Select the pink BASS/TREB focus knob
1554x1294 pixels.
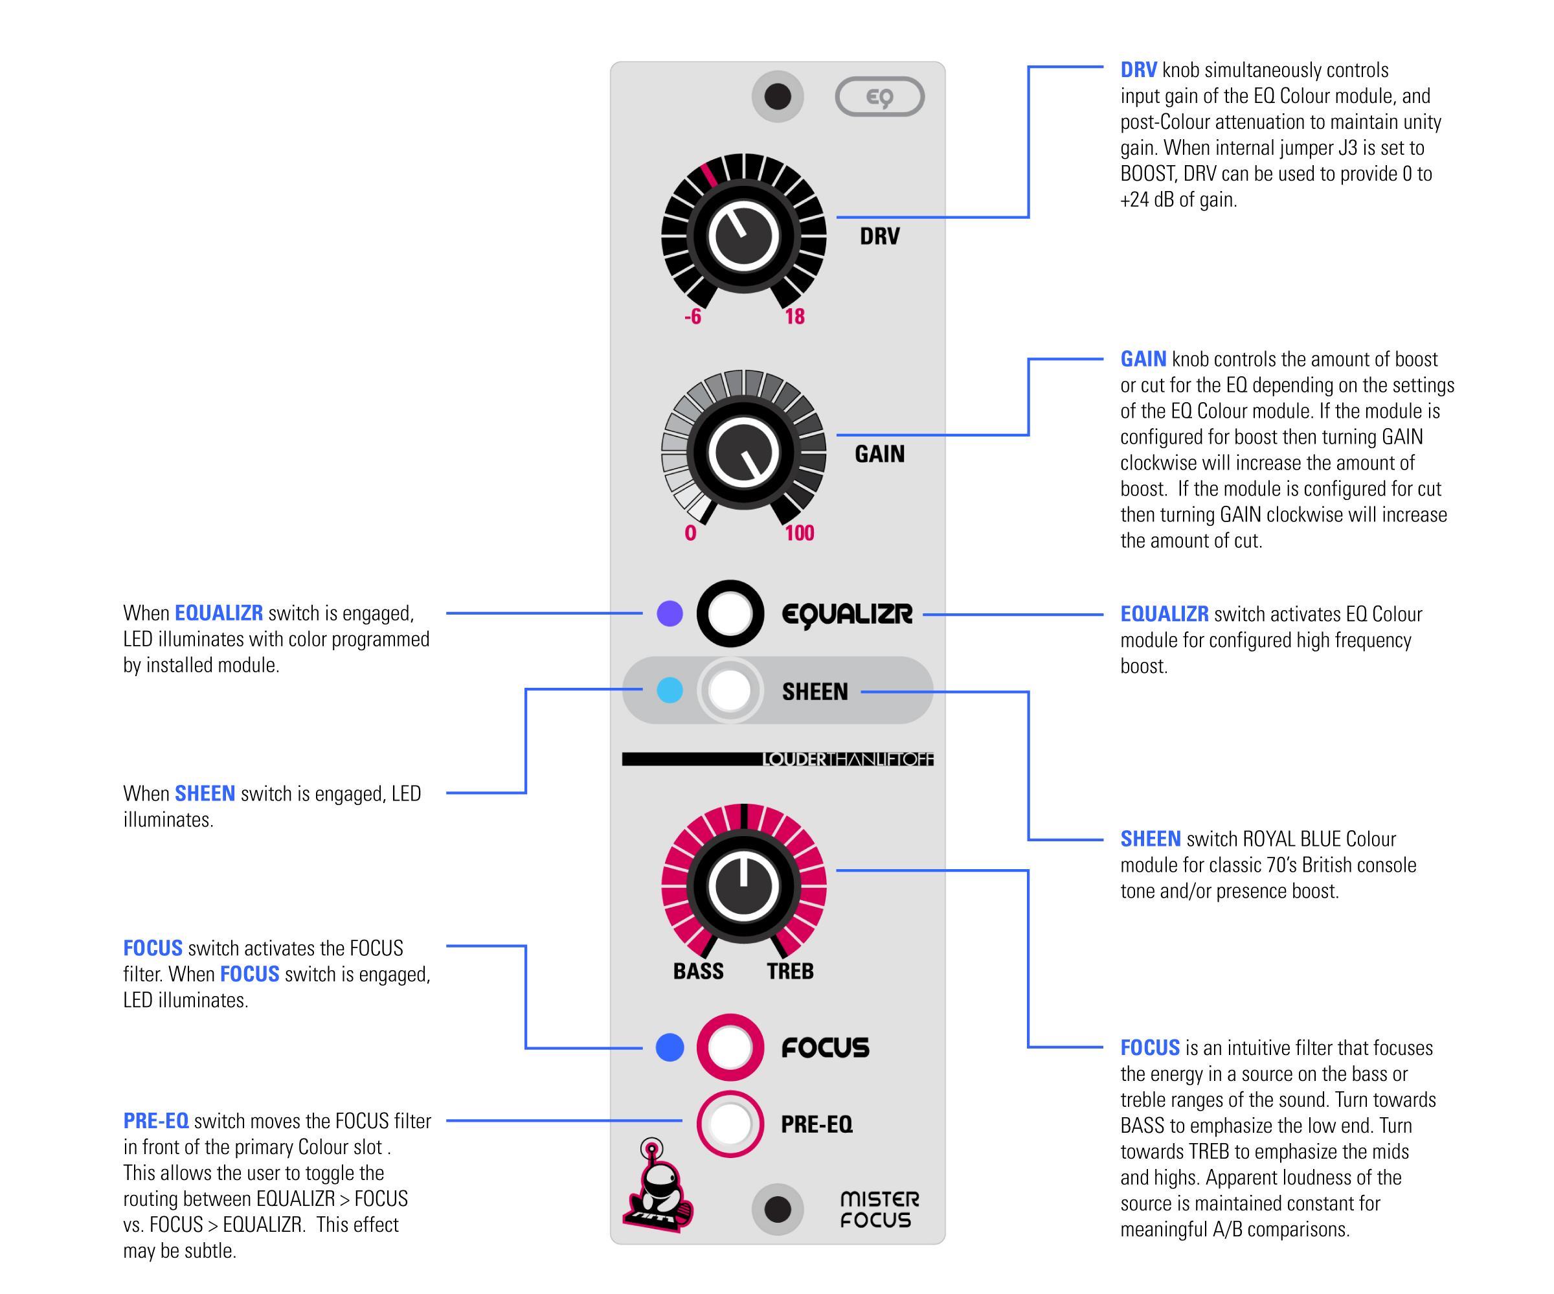744,886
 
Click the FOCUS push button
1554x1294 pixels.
730,1047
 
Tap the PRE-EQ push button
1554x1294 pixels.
730,1124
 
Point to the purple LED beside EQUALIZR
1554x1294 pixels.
670,613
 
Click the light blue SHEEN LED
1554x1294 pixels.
670,690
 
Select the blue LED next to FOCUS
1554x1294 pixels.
670,1047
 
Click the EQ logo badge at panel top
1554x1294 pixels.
880,96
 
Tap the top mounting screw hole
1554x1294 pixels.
778,96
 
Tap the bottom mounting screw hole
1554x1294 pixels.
778,1210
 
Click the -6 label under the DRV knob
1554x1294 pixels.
693,317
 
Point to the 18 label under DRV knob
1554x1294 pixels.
794,317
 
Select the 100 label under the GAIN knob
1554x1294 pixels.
799,533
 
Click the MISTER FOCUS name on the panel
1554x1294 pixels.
879,1210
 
